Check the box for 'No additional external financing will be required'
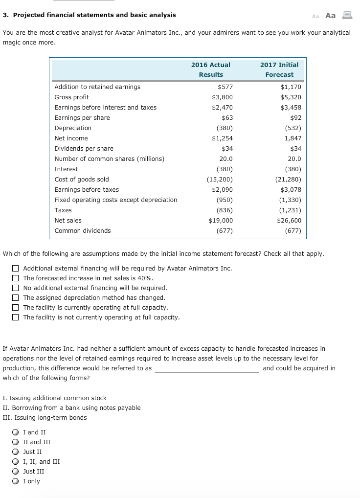point(16,288)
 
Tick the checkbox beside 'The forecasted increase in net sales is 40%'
point(16,278)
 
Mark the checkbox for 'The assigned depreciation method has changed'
point(16,298)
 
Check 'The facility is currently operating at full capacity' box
point(16,308)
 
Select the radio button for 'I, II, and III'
point(16,462)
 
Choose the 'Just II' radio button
point(16,452)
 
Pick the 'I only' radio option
point(16,481)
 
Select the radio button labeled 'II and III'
point(16,442)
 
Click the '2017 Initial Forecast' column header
point(279,69)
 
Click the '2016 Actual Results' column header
point(211,69)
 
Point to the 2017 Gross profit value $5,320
point(291,97)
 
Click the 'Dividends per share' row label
point(84,149)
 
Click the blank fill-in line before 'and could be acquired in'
point(207,369)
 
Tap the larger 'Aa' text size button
point(331,16)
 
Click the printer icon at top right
point(347,15)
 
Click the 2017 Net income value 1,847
point(292,138)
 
